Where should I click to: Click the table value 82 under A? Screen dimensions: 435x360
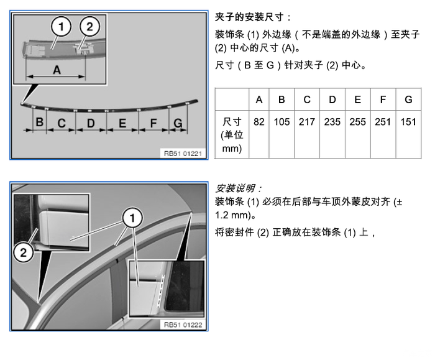[x=259, y=122]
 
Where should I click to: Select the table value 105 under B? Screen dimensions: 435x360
[x=282, y=122]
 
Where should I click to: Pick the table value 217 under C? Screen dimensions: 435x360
[x=307, y=122]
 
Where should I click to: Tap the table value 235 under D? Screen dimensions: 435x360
[x=332, y=122]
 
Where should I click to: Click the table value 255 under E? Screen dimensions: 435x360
[x=357, y=122]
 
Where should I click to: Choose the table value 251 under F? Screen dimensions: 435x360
[x=383, y=122]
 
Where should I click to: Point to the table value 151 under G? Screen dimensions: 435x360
[x=408, y=122]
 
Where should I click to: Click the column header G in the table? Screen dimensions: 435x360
[x=408, y=99]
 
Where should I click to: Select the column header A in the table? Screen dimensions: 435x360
[x=259, y=99]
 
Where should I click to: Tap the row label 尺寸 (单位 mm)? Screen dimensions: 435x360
[x=232, y=135]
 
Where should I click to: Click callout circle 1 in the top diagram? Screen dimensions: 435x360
[x=61, y=27]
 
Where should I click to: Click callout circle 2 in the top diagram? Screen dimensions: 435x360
[x=89, y=27]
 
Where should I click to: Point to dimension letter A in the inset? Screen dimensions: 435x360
[x=57, y=70]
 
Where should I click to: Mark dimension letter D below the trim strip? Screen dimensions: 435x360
[x=91, y=123]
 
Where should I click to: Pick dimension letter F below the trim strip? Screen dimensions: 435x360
[x=153, y=123]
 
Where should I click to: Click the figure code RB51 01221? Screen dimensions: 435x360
[x=183, y=154]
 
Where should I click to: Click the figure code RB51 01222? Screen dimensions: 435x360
[x=183, y=325]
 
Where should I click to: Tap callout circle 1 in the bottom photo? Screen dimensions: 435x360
[x=132, y=218]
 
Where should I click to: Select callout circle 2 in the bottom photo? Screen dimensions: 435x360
[x=24, y=252]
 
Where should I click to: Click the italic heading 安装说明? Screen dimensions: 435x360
[x=236, y=188]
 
